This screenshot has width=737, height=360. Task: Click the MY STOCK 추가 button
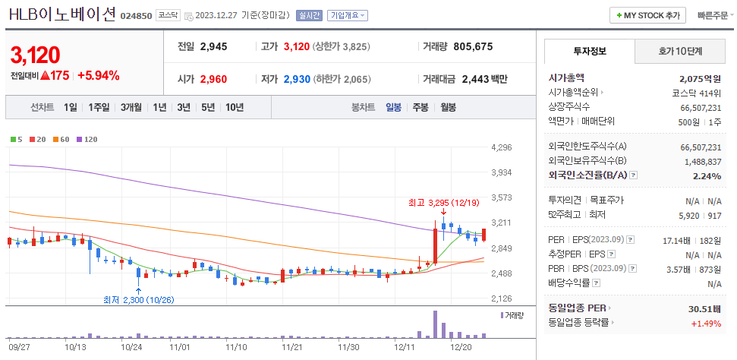[647, 15]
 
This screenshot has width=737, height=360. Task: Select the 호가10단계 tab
[679, 52]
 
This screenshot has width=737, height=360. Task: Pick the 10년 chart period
[234, 107]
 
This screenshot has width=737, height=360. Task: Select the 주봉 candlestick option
[420, 107]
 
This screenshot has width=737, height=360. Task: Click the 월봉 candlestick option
[448, 107]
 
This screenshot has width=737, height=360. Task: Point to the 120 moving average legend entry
[87, 139]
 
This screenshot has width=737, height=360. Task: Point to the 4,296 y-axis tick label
[502, 147]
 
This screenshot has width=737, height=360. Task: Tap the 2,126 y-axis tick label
[502, 298]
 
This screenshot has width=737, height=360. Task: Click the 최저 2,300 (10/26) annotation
[139, 299]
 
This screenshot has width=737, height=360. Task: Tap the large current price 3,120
[35, 55]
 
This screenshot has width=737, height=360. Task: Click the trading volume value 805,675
[473, 46]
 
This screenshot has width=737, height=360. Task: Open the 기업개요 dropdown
[348, 15]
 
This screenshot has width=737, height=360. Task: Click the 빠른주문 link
[712, 15]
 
